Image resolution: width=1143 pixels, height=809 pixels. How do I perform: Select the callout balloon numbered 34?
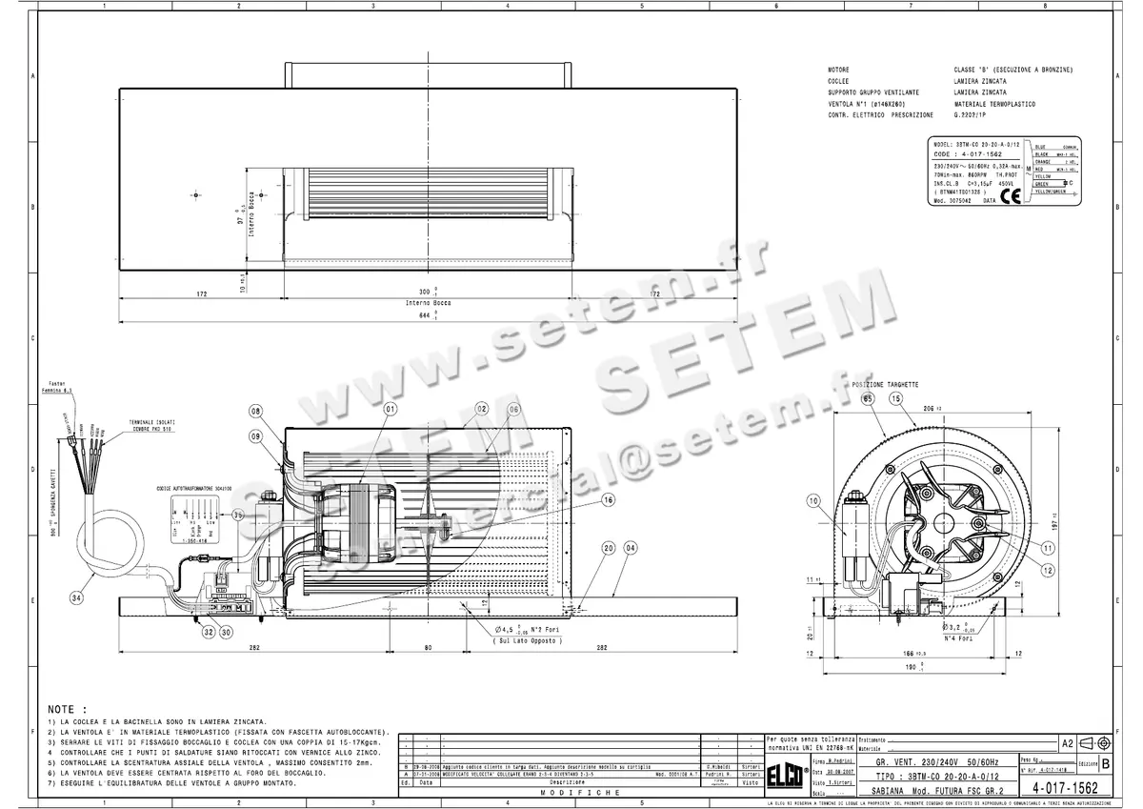[x=76, y=597]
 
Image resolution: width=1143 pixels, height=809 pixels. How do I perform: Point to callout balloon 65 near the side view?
[x=868, y=398]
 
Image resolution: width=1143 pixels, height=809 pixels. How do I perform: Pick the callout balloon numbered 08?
[x=255, y=412]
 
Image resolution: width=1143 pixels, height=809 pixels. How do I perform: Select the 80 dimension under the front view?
[x=428, y=647]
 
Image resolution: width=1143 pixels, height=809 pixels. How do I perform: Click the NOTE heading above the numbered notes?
[x=67, y=710]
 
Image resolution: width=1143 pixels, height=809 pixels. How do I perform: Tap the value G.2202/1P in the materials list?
[x=973, y=114]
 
